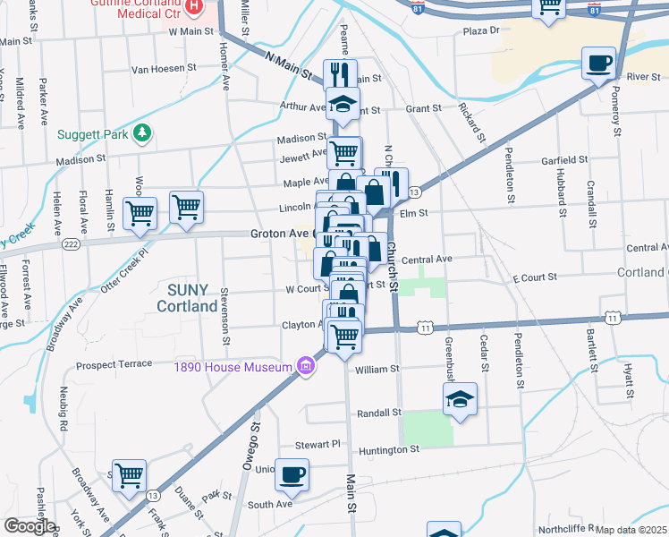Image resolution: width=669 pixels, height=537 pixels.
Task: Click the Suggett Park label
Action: coord(93,135)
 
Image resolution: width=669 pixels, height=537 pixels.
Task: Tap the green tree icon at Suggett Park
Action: coord(140,134)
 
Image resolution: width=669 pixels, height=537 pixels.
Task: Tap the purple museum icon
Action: coord(306,366)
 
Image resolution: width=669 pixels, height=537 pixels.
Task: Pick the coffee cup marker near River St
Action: coord(599,64)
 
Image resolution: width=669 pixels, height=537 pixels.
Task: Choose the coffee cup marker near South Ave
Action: coord(292,475)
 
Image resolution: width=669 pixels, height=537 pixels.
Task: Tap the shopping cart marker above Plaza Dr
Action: coord(550,6)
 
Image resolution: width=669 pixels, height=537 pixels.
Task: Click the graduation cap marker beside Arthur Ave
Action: coord(343,105)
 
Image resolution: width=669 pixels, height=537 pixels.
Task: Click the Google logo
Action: coord(29,526)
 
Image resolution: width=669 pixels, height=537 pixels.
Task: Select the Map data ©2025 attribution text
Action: coord(631,530)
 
